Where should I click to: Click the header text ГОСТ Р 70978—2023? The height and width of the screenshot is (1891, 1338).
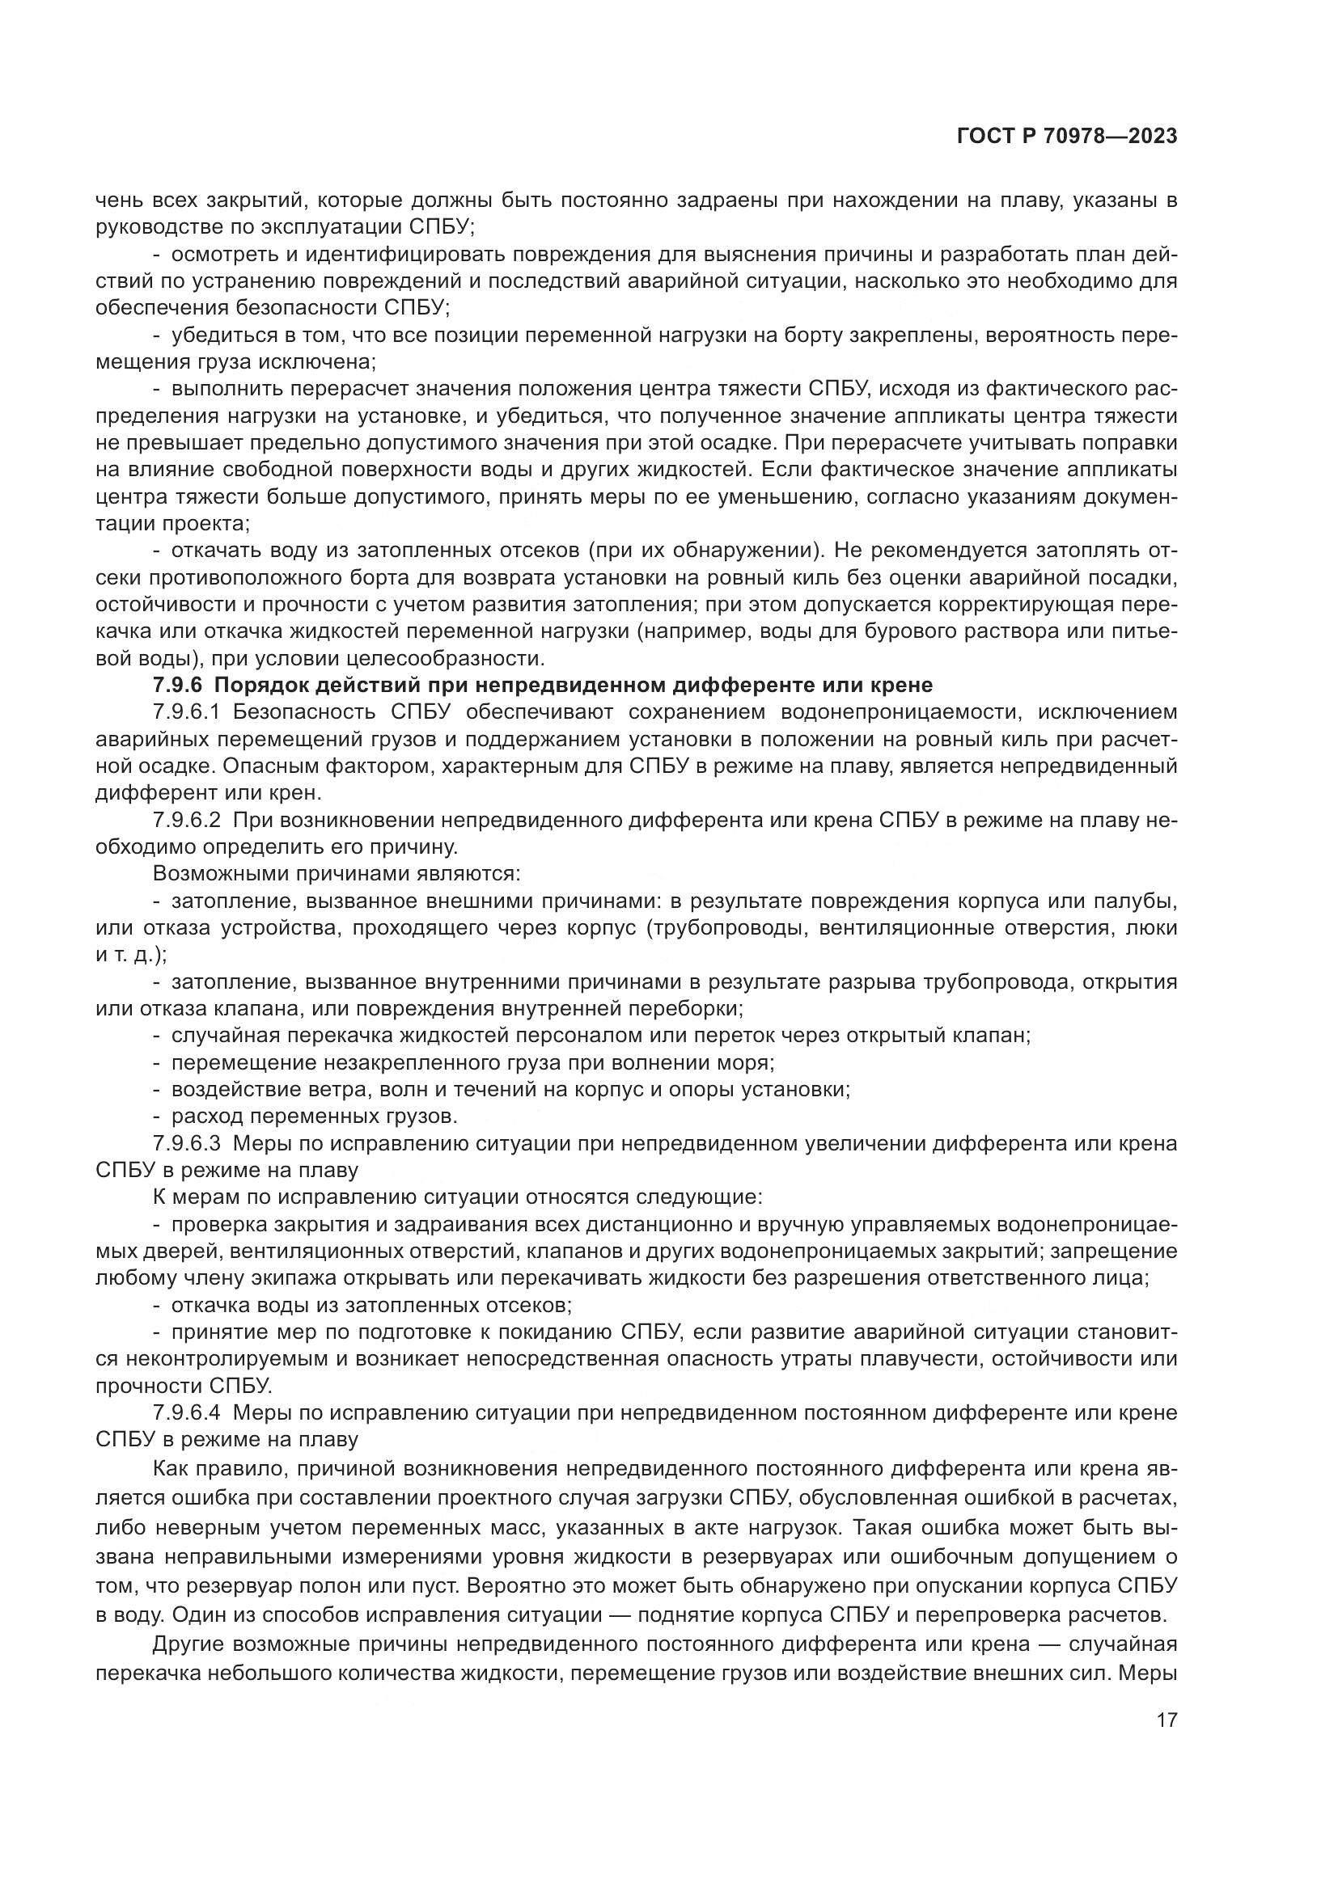point(1067,137)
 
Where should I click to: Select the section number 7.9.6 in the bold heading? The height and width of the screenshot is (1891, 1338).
point(176,686)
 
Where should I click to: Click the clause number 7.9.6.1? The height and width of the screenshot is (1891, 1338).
point(187,712)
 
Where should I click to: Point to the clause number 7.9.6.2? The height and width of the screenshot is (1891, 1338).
point(186,821)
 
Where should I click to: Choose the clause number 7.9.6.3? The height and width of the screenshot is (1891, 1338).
point(186,1143)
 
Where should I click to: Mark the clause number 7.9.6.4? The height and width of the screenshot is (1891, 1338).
point(186,1412)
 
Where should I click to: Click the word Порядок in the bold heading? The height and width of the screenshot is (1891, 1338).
point(263,686)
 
